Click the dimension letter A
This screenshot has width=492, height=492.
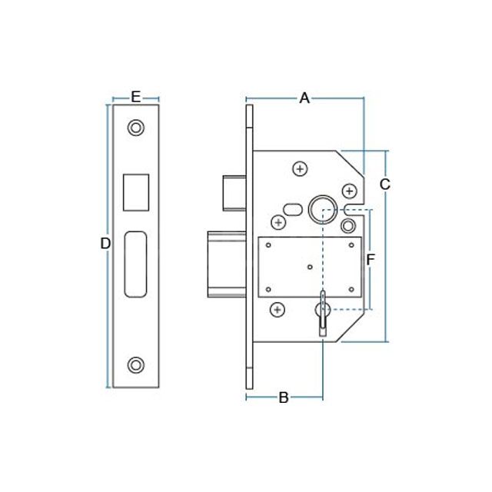tap(304, 98)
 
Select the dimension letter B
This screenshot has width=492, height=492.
tap(283, 397)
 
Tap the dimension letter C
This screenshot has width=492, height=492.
tap(385, 184)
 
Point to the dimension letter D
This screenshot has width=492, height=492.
tap(105, 244)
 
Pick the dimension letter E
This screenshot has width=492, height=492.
tap(135, 97)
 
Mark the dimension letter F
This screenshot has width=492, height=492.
tap(370, 261)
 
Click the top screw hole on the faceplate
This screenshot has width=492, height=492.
tap(136, 128)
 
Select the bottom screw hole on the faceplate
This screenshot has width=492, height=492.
tap(136, 364)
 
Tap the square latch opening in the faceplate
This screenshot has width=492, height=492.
tap(136, 191)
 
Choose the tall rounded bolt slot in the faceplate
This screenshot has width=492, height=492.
tap(136, 263)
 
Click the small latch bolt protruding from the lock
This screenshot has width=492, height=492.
tap(233, 192)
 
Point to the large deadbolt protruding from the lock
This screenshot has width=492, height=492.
tap(227, 264)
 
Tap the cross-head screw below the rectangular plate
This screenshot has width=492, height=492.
tap(278, 310)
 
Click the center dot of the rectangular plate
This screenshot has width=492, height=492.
tap(309, 267)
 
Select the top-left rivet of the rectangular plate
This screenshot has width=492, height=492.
tap(268, 245)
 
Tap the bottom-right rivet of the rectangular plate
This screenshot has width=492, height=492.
tap(351, 290)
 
